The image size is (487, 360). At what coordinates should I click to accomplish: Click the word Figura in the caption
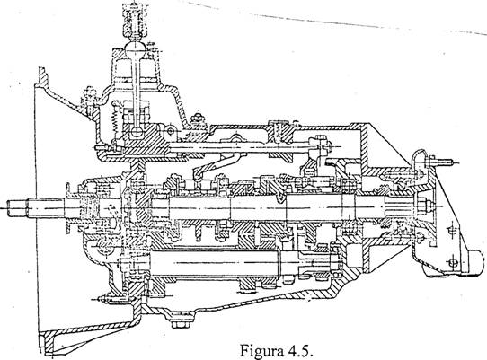pyautogui.click(x=261, y=351)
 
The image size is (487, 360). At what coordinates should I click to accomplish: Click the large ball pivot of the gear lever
pyautogui.click(x=135, y=48)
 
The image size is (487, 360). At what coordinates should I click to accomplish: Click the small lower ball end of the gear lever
pyautogui.click(x=136, y=132)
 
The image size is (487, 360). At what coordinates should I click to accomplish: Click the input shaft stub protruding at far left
pyautogui.click(x=22, y=207)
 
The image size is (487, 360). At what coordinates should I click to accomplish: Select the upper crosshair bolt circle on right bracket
pyautogui.click(x=451, y=231)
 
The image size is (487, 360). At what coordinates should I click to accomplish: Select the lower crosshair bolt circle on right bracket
pyautogui.click(x=453, y=263)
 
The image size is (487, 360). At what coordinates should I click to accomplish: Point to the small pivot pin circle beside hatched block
pyautogui.click(x=170, y=132)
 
